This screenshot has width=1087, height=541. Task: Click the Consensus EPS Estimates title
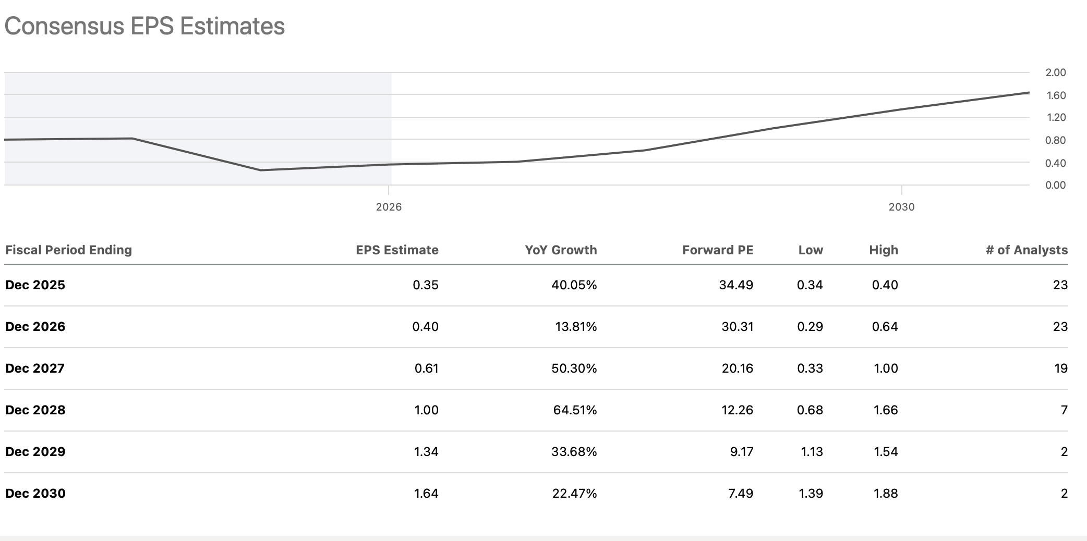[144, 26]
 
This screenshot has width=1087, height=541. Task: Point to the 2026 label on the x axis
[389, 207]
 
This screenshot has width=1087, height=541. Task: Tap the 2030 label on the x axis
[901, 207]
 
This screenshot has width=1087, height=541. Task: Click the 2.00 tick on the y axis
[1055, 72]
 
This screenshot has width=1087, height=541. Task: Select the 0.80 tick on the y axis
[1055, 140]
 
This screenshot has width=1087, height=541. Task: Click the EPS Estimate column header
[397, 250]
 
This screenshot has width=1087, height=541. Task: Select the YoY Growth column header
[561, 250]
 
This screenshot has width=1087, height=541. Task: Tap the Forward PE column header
[718, 250]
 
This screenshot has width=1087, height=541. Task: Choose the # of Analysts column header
[1026, 250]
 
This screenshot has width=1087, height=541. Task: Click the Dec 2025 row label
[35, 285]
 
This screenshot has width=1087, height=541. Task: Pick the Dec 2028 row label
[35, 410]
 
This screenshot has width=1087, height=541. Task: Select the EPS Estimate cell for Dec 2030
[426, 494]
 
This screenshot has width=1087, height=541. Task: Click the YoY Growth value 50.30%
[574, 368]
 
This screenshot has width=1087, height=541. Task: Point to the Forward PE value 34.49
[736, 285]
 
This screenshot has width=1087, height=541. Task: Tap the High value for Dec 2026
[885, 327]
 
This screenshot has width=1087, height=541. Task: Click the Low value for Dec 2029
[812, 452]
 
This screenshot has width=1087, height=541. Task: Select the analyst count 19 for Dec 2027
[1061, 368]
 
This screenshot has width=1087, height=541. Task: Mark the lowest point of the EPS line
[260, 170]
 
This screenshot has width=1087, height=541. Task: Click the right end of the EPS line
[1029, 92]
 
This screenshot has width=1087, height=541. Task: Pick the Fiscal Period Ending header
[68, 250]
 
